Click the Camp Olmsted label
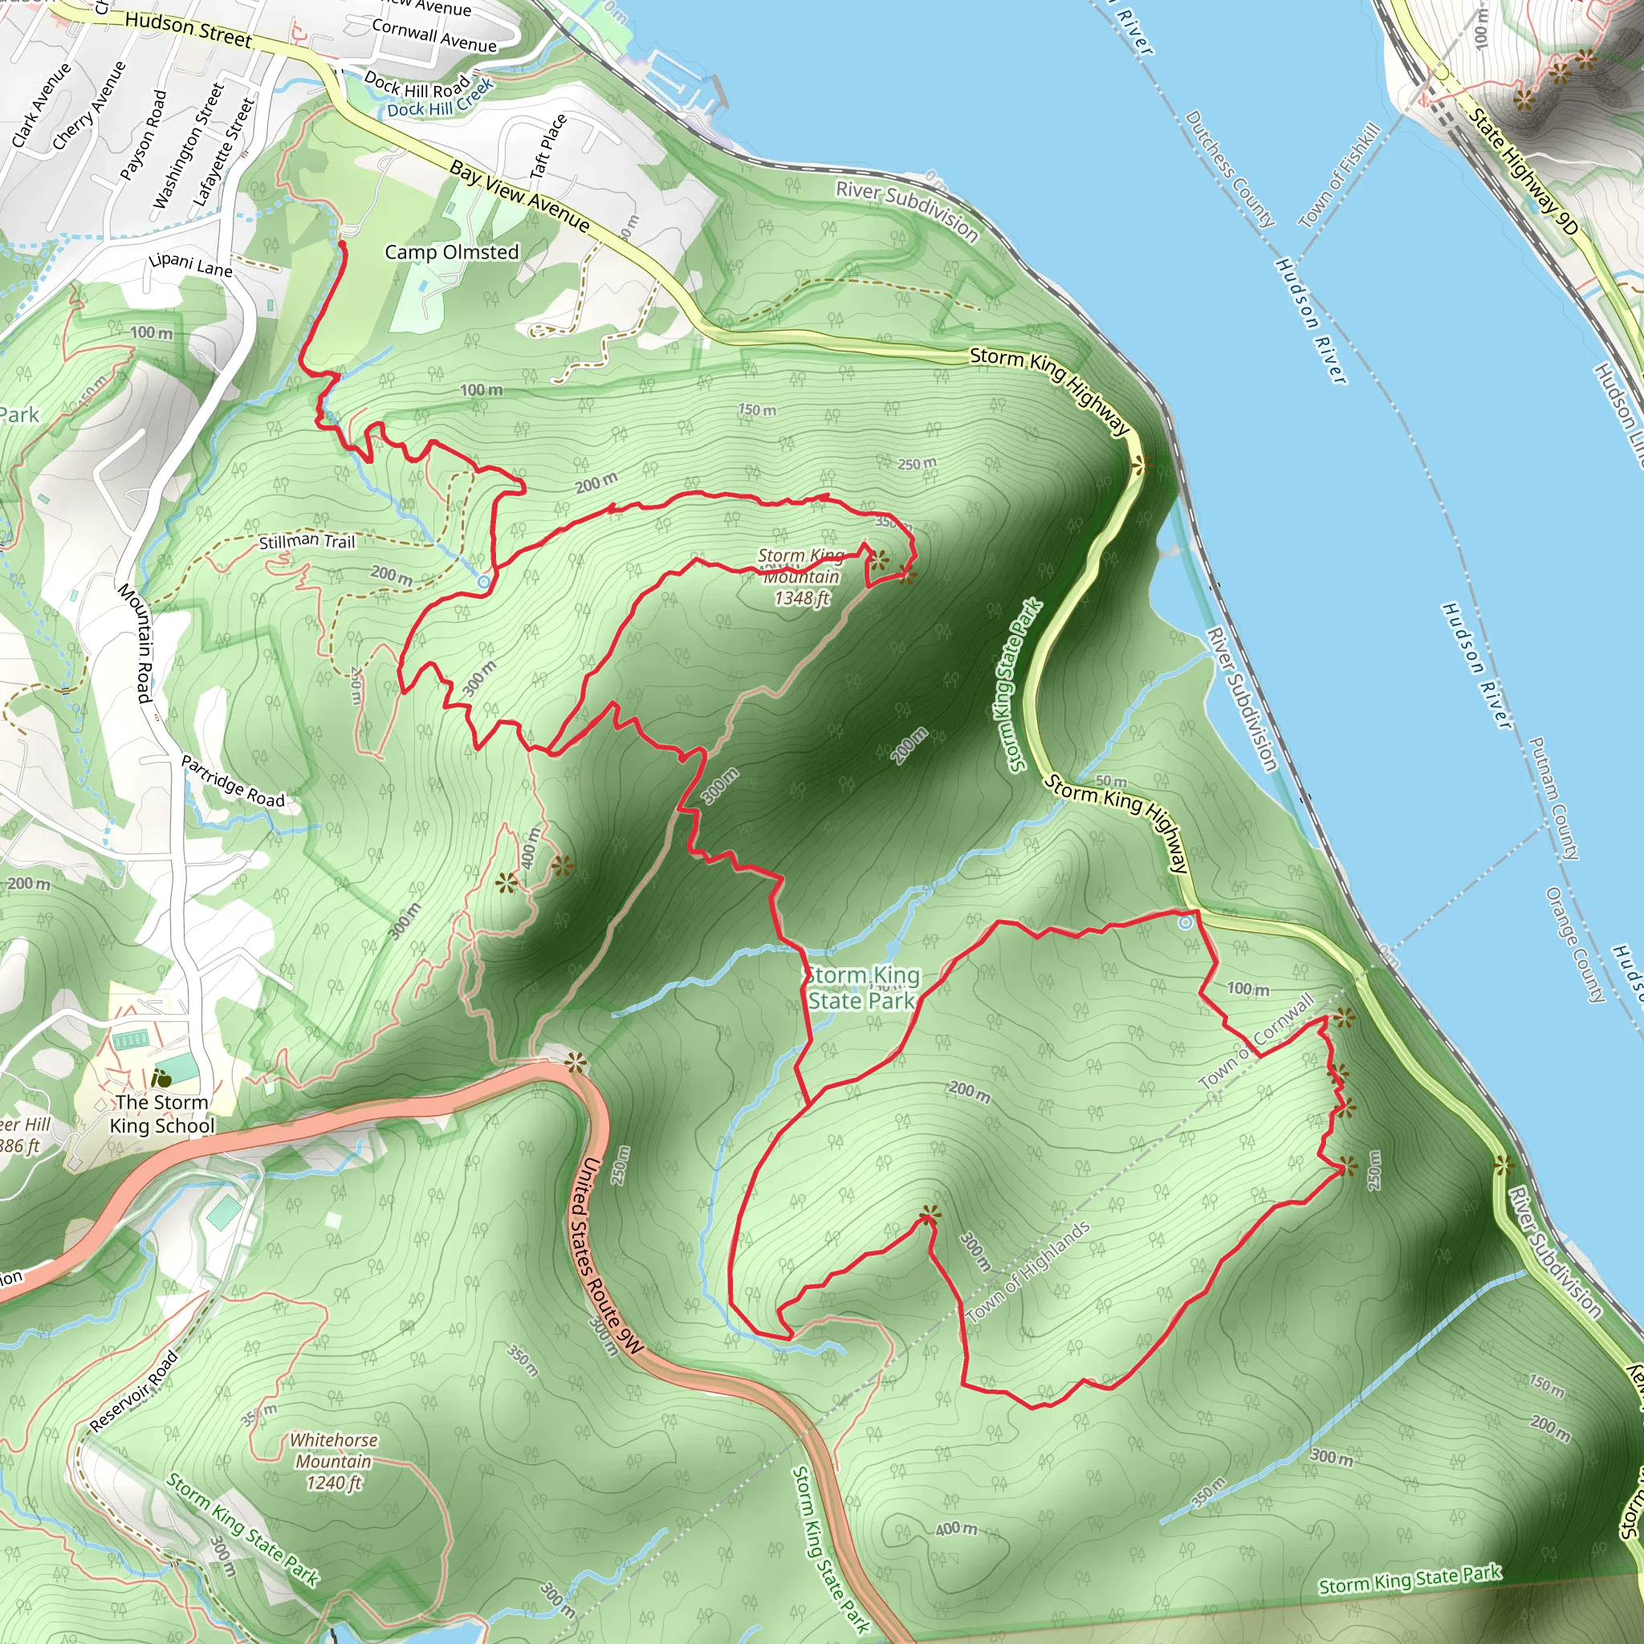pyautogui.click(x=451, y=252)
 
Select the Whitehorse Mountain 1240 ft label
pyautogui.click(x=334, y=1461)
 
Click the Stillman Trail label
pyautogui.click(x=307, y=540)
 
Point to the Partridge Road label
pyautogui.click(x=233, y=781)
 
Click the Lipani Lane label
pyautogui.click(x=190, y=265)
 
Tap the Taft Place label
pyautogui.click(x=548, y=146)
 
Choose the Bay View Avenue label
pyautogui.click(x=519, y=197)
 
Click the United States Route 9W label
pyautogui.click(x=605, y=1255)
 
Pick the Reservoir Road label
pyautogui.click(x=133, y=1391)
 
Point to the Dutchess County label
pyautogui.click(x=1230, y=169)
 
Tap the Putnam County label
pyautogui.click(x=1554, y=797)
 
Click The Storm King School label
pyautogui.click(x=161, y=1114)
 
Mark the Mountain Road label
pyautogui.click(x=134, y=643)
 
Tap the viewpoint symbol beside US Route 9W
pyautogui.click(x=576, y=1062)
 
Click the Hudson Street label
pyautogui.click(x=188, y=30)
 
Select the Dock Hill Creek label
pyautogui.click(x=440, y=99)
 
